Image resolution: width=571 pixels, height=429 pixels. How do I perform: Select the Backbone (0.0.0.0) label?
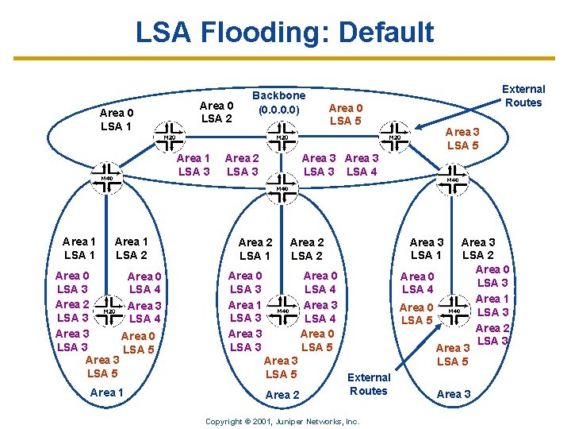point(278,102)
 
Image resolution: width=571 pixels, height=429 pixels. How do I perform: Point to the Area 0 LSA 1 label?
point(117,120)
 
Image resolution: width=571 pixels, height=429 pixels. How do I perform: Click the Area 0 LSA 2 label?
point(217,112)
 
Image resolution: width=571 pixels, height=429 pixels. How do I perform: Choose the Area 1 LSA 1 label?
point(79,248)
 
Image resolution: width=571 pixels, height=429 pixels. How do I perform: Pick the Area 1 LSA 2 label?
point(131,248)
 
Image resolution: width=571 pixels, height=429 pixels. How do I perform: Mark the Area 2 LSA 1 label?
point(255,249)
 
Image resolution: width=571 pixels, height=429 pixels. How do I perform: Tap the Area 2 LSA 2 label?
point(307,249)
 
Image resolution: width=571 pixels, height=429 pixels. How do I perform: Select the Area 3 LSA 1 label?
point(427,249)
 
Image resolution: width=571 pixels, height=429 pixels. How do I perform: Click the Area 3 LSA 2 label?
point(478,249)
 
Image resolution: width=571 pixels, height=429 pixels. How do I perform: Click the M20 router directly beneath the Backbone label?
point(281,136)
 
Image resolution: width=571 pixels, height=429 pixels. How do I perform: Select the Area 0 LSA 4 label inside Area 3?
point(418,283)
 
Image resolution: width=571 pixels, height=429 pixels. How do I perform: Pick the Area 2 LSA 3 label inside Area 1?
point(72,311)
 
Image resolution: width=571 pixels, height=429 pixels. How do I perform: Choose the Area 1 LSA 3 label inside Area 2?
point(245,311)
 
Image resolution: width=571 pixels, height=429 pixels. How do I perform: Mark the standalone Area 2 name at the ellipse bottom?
point(282,395)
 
